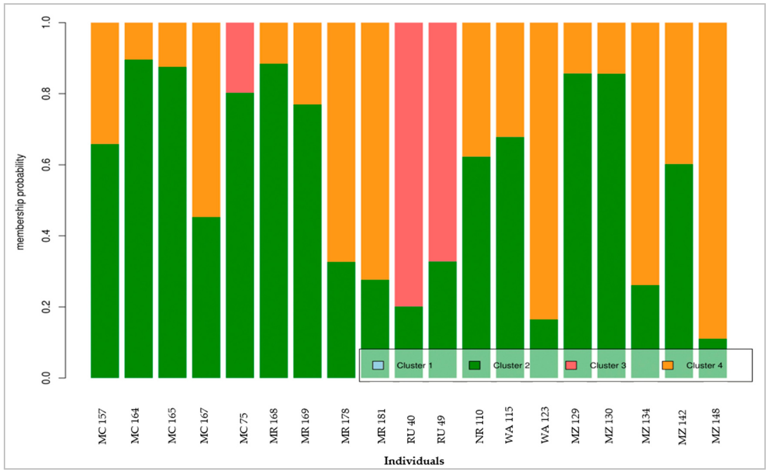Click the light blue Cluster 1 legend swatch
(378, 365)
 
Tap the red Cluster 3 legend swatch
(571, 365)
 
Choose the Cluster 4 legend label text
(704, 365)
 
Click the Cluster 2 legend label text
(511, 365)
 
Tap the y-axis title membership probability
(20, 202)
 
